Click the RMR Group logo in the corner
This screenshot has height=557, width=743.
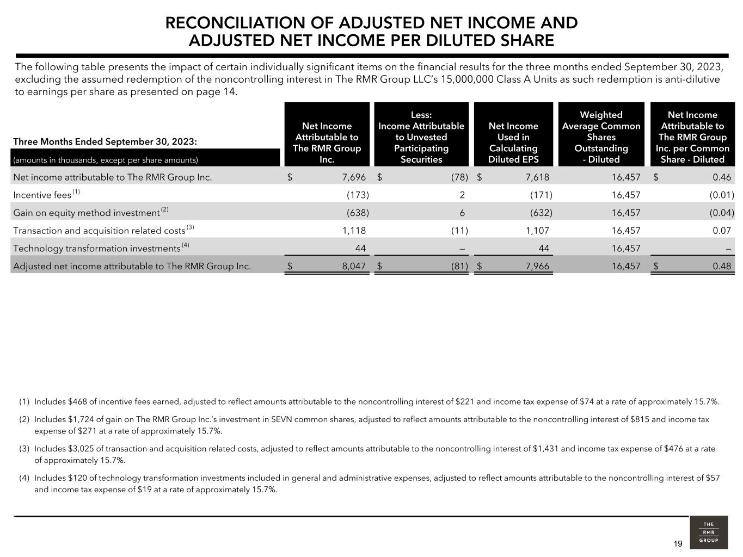[708, 532]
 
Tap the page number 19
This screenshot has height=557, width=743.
[678, 544]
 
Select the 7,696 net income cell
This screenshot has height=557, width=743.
[354, 177]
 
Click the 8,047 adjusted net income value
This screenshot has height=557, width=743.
[354, 267]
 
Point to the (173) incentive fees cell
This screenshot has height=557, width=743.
[358, 195]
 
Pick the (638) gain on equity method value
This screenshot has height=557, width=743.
[358, 213]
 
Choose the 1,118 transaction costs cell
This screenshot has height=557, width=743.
[354, 231]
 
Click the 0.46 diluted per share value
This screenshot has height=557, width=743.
[722, 177]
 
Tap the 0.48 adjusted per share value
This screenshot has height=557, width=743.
[722, 267]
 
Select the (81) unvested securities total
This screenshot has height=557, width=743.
[459, 267]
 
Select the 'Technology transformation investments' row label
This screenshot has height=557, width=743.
[97, 249]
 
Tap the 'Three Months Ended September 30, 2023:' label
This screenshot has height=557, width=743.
[105, 142]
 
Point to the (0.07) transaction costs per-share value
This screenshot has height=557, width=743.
[722, 231]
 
